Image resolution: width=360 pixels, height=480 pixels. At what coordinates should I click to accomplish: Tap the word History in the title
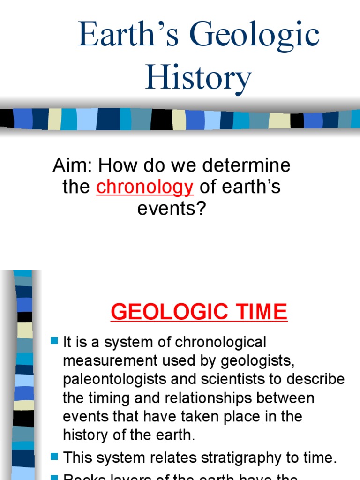198,77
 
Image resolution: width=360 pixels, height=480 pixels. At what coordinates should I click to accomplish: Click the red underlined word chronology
145,187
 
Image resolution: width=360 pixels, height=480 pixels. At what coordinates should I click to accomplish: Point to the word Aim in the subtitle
67,165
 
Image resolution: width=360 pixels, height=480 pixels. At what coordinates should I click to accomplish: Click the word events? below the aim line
172,209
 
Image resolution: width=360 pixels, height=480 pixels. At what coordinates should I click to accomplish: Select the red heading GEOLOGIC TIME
199,312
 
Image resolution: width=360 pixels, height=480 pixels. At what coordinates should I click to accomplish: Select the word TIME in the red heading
262,312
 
